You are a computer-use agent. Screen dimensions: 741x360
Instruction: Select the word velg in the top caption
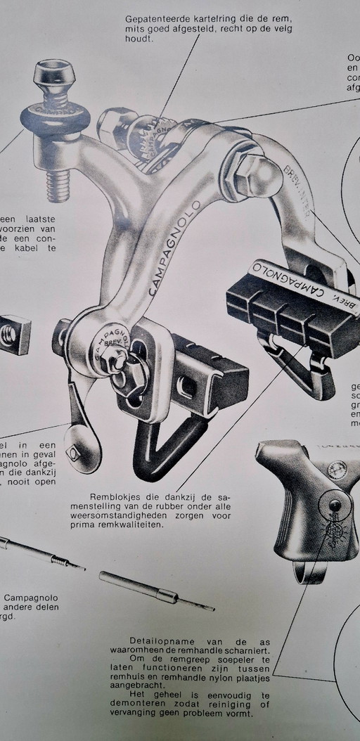pos(279,29)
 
